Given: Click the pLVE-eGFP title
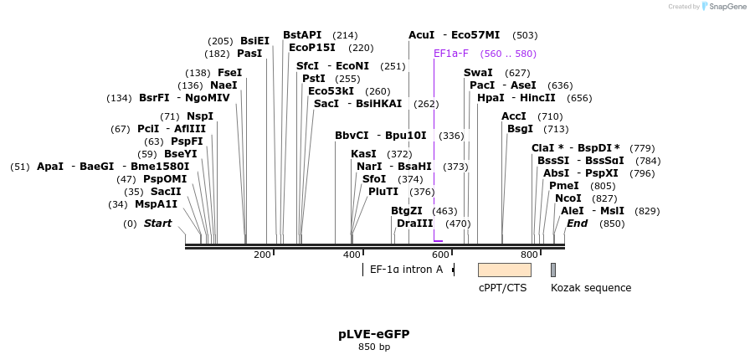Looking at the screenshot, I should point(374,334).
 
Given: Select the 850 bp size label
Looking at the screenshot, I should point(374,347).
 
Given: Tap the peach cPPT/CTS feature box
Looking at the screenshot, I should point(504,270).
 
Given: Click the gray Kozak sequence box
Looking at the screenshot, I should point(553,270).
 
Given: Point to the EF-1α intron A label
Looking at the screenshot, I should point(406,270).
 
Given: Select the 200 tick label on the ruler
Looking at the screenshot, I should point(262,255).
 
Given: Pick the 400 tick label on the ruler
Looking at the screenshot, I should point(352,255).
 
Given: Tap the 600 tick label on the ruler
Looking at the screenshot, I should point(440,255).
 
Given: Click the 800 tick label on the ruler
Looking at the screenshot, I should point(529,255).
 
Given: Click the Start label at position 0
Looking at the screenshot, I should point(157,224).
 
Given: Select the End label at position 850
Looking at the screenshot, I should point(577,224).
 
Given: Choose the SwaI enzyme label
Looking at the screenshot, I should point(478,73).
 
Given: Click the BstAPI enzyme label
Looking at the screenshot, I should point(302,35).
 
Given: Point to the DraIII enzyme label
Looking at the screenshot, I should point(415,224).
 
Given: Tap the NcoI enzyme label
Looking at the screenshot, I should point(568,198).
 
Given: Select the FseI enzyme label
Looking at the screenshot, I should point(229,73).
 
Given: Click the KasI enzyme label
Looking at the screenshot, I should point(363,154).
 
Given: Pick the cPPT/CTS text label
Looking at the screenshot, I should point(502,288).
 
